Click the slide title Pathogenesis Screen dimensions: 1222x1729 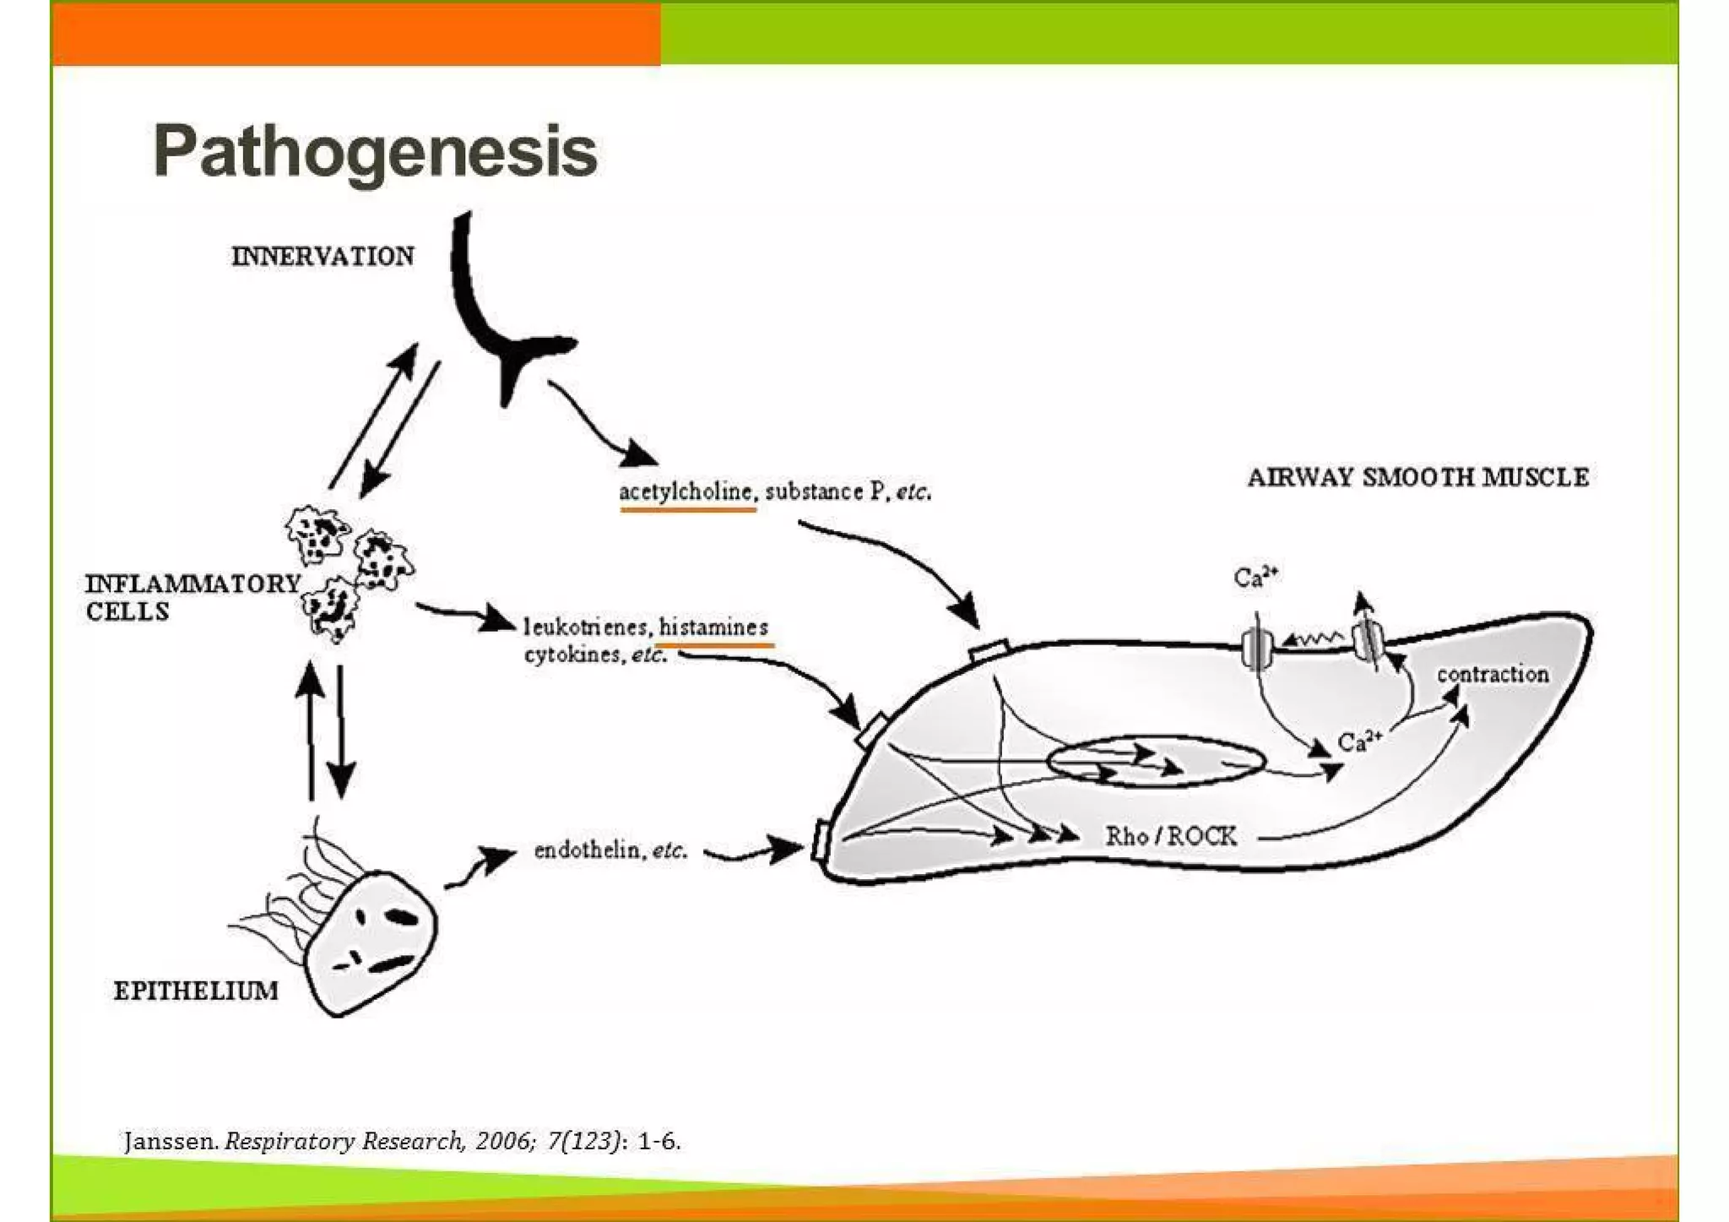point(375,152)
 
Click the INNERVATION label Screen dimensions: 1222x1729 point(322,256)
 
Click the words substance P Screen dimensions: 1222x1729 point(814,492)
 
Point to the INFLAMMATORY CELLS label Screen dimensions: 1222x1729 point(192,597)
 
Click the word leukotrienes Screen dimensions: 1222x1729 point(585,627)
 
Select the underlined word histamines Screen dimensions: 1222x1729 point(713,627)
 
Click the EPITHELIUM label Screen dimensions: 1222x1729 point(196,991)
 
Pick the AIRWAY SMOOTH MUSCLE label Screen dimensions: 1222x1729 point(1417,478)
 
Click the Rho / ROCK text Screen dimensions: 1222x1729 point(1171,836)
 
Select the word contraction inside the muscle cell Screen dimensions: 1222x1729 point(1492,674)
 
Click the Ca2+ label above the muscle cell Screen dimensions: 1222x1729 point(1255,578)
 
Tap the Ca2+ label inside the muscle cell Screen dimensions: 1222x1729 point(1359,741)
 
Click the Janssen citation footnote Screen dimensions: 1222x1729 point(402,1142)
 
